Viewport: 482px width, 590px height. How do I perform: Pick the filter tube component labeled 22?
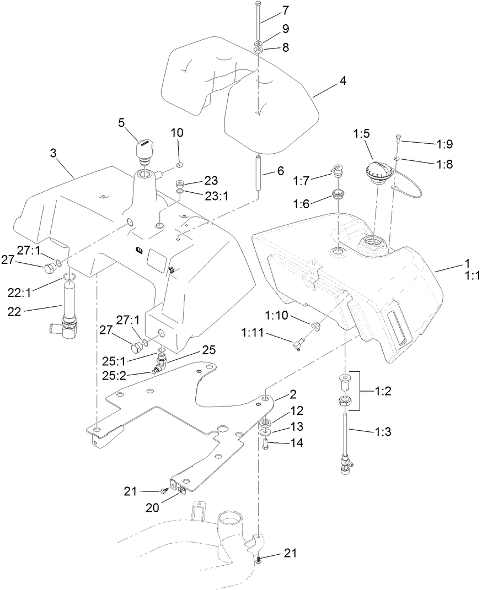[x=68, y=311]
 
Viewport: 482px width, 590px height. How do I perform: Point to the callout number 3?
[x=53, y=153]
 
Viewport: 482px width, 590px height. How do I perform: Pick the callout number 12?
[x=297, y=411]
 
